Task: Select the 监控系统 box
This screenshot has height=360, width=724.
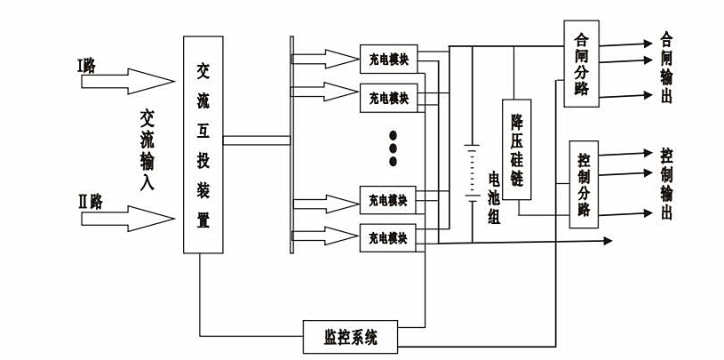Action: [x=351, y=336]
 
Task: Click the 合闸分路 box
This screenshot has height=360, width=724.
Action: [x=582, y=64]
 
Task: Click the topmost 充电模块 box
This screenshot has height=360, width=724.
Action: [x=388, y=60]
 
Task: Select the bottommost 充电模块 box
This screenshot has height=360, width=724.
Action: [x=388, y=237]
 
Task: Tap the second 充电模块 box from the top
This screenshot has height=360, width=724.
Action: [x=388, y=95]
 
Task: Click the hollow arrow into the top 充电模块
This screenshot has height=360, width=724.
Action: [x=324, y=59]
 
